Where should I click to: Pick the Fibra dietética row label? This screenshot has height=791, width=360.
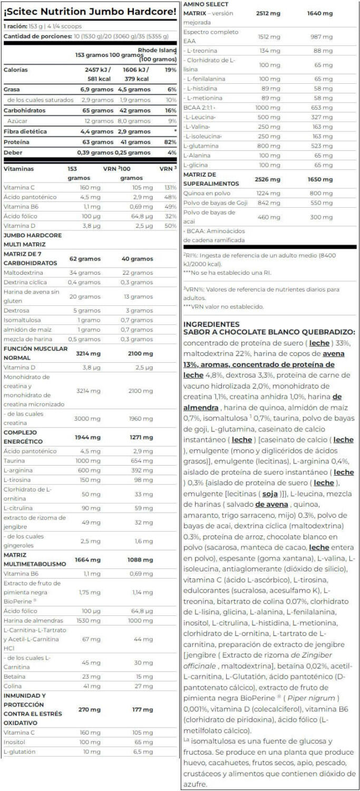25,131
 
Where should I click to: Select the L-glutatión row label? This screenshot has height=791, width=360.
20,751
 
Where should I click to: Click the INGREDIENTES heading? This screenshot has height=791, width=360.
211,324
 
